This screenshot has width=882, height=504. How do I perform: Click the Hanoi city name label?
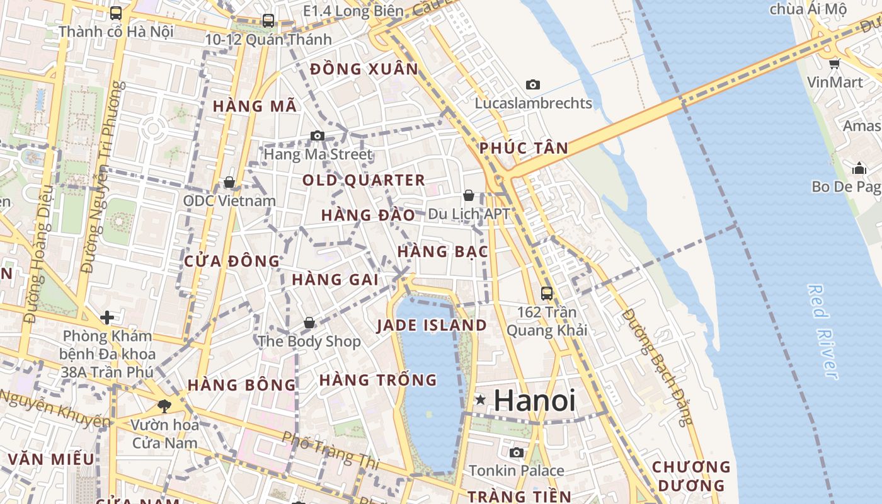(x=534, y=400)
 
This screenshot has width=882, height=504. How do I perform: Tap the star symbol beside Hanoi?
(x=481, y=399)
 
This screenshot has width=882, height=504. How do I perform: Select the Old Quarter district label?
(x=364, y=180)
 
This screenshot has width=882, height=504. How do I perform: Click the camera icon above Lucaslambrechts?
(x=533, y=84)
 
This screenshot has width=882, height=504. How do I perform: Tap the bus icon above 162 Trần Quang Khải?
(x=546, y=293)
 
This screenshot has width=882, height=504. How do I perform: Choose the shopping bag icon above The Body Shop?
(x=309, y=323)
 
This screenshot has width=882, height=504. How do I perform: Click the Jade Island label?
(x=432, y=325)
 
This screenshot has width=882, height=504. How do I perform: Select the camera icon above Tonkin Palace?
(x=516, y=452)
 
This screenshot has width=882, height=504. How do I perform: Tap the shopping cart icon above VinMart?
(x=835, y=64)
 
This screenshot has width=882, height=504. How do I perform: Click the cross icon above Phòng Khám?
(x=107, y=316)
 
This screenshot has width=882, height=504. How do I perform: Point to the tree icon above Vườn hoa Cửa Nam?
(x=164, y=406)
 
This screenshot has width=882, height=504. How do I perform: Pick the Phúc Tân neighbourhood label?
(x=524, y=149)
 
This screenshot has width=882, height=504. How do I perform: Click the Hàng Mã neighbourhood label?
(x=255, y=106)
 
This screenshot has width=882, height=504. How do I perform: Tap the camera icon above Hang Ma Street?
(x=318, y=135)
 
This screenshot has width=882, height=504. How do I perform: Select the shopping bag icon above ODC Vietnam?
(x=229, y=182)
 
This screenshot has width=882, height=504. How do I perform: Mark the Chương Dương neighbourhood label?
(x=690, y=476)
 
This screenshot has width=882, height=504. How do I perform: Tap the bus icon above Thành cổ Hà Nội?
(x=116, y=13)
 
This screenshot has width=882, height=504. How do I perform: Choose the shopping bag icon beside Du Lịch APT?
(x=468, y=195)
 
